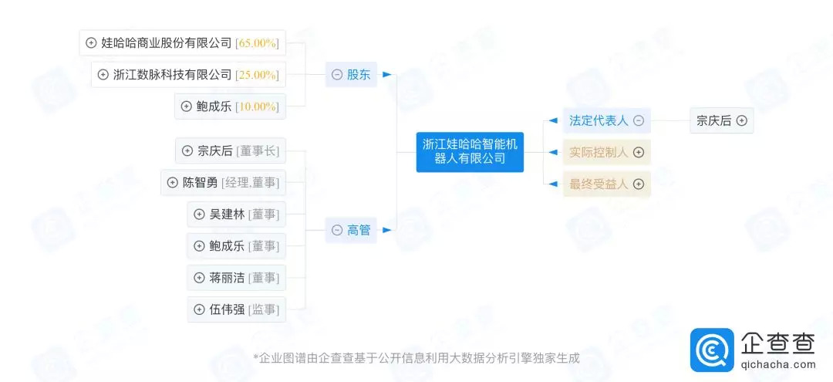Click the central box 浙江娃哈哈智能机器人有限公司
470,151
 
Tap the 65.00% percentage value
257,43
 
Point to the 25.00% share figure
257,75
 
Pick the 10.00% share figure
257,106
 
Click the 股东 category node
351,75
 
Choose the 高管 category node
351,230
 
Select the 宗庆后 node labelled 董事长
230,151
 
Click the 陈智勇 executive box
223,183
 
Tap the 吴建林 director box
236,215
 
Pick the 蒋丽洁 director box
236,278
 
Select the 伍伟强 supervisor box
236,309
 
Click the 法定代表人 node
599,120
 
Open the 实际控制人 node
599,152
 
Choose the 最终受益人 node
599,184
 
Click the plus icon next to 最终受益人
639,184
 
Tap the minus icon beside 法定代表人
639,120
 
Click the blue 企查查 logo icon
712,350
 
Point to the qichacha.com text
778,365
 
